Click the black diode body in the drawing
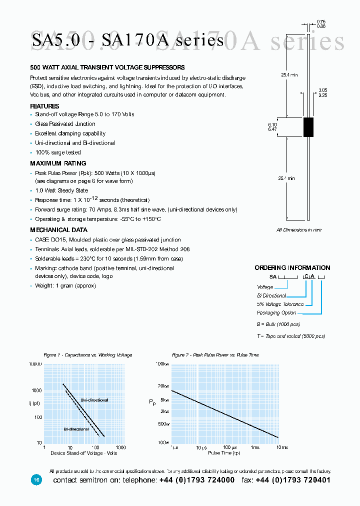[308, 127]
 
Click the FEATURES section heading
[44, 106]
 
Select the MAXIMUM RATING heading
[58, 163]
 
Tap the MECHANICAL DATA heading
[58, 230]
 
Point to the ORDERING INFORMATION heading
[292, 268]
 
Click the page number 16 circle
[36, 479]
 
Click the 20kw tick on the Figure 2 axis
[163, 386]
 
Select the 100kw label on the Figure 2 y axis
[162, 364]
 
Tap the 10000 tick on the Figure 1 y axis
[35, 364]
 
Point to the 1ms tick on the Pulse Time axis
[255, 447]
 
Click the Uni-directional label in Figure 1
[94, 400]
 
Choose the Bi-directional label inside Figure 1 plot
[76, 429]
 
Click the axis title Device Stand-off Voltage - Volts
[83, 453]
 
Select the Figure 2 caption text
[215, 355]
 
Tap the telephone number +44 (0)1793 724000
[197, 480]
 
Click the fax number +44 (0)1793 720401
[293, 480]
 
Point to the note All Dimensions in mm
[299, 230]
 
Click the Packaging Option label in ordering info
[276, 313]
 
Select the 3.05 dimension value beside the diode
[322, 90]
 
